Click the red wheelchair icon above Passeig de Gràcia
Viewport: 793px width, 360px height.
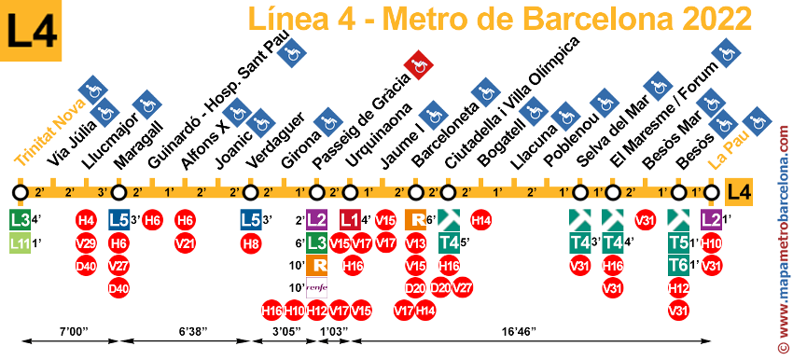click(x=419, y=65)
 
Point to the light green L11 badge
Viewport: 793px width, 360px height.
click(x=19, y=243)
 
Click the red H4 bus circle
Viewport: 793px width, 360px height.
click(x=86, y=221)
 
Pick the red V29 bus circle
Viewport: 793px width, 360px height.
click(x=86, y=243)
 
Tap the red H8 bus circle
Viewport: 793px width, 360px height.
click(x=250, y=243)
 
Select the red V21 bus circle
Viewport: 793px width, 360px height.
click(x=185, y=243)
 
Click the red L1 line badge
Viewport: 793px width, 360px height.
click(x=349, y=221)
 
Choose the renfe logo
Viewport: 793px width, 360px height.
click(x=316, y=288)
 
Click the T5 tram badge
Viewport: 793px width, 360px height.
click(x=678, y=243)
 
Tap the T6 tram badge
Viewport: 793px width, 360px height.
click(x=678, y=266)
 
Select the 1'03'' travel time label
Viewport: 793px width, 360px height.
click(x=333, y=330)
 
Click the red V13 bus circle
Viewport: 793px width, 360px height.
click(x=415, y=243)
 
